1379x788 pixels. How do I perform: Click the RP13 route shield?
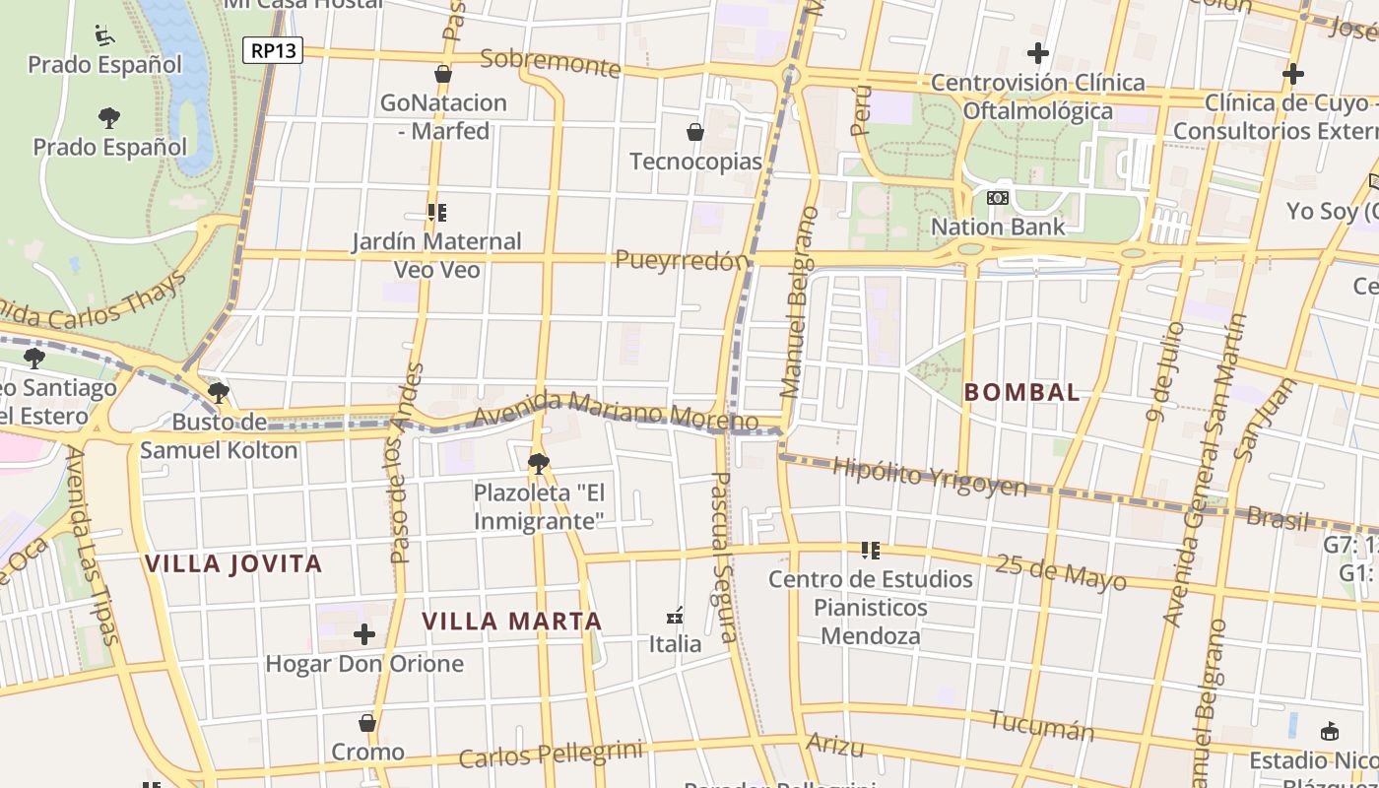pos(273,50)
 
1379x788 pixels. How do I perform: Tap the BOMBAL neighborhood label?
pos(1021,392)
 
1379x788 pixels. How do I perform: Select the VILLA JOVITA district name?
pos(233,563)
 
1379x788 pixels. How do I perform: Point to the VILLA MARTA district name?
pos(511,622)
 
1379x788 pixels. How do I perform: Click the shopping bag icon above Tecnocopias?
pos(695,131)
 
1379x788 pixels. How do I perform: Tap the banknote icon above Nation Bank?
pos(998,198)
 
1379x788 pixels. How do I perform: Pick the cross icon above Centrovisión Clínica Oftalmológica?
pos(1037,52)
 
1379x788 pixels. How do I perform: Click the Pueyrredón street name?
pos(682,261)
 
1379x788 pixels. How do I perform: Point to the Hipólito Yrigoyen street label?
pos(929,477)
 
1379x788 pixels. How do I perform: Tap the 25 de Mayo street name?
pos(1060,571)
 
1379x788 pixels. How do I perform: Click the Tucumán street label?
pos(1041,726)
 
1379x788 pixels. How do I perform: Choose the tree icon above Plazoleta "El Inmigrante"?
pos(538,463)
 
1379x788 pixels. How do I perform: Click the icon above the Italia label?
pos(675,616)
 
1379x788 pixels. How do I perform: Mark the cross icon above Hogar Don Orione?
pos(364,634)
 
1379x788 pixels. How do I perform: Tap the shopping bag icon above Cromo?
pos(367,723)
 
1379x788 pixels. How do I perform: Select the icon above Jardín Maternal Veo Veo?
pos(437,212)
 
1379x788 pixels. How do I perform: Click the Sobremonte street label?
pos(550,63)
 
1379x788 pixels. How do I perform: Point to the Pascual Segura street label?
pos(724,557)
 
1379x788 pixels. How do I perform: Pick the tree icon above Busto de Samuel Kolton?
pos(219,393)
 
